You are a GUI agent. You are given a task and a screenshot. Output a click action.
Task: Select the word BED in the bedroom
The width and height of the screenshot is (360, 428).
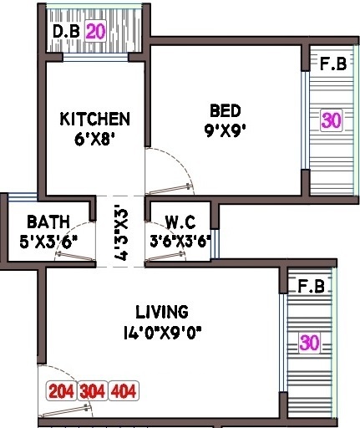225,110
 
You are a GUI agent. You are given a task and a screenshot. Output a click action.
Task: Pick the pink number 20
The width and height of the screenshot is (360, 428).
95,32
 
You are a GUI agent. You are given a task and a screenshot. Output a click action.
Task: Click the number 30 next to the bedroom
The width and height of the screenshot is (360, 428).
331,120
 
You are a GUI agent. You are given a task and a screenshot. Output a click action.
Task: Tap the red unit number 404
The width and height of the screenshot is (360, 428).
124,391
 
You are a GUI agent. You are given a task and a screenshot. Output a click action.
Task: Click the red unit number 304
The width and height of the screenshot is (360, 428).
93,391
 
